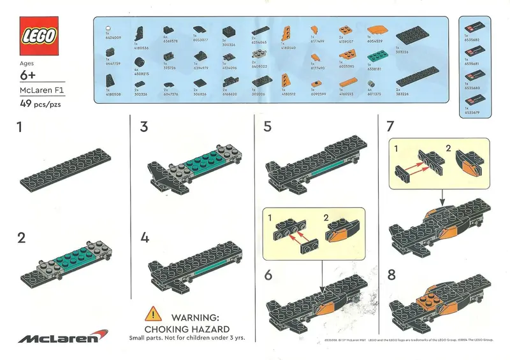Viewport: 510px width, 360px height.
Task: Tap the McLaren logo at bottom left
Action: [x=59, y=337]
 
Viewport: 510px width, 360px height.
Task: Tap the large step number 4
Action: [x=145, y=238]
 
